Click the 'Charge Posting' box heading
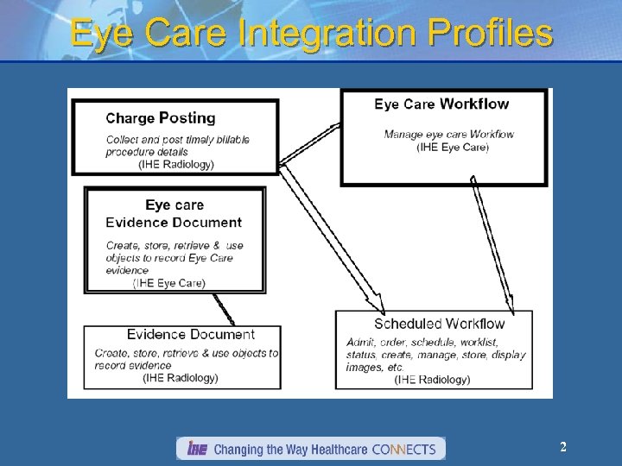[161, 118]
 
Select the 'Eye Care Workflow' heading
[441, 104]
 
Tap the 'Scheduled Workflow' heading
[439, 324]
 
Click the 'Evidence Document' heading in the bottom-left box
[190, 334]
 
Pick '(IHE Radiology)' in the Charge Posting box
[176, 164]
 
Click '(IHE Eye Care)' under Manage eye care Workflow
[452, 147]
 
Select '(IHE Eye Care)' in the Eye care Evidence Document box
[169, 282]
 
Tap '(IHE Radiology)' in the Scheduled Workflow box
[432, 379]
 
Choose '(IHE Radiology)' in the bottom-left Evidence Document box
[181, 377]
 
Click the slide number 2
[563, 447]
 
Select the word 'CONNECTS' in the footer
[403, 450]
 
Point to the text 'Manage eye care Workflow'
[448, 134]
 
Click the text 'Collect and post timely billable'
[178, 140]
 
